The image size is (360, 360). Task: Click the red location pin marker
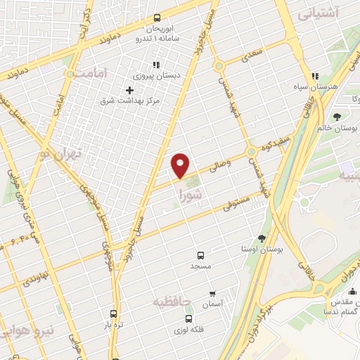click(181, 165)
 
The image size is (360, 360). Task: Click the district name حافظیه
click(172, 301)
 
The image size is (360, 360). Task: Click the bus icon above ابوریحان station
click(156, 19)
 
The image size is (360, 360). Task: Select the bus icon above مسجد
click(201, 255)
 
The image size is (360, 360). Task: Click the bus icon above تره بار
click(113, 314)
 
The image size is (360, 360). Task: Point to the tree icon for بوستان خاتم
click(337, 117)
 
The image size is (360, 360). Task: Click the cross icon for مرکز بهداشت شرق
click(129, 90)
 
